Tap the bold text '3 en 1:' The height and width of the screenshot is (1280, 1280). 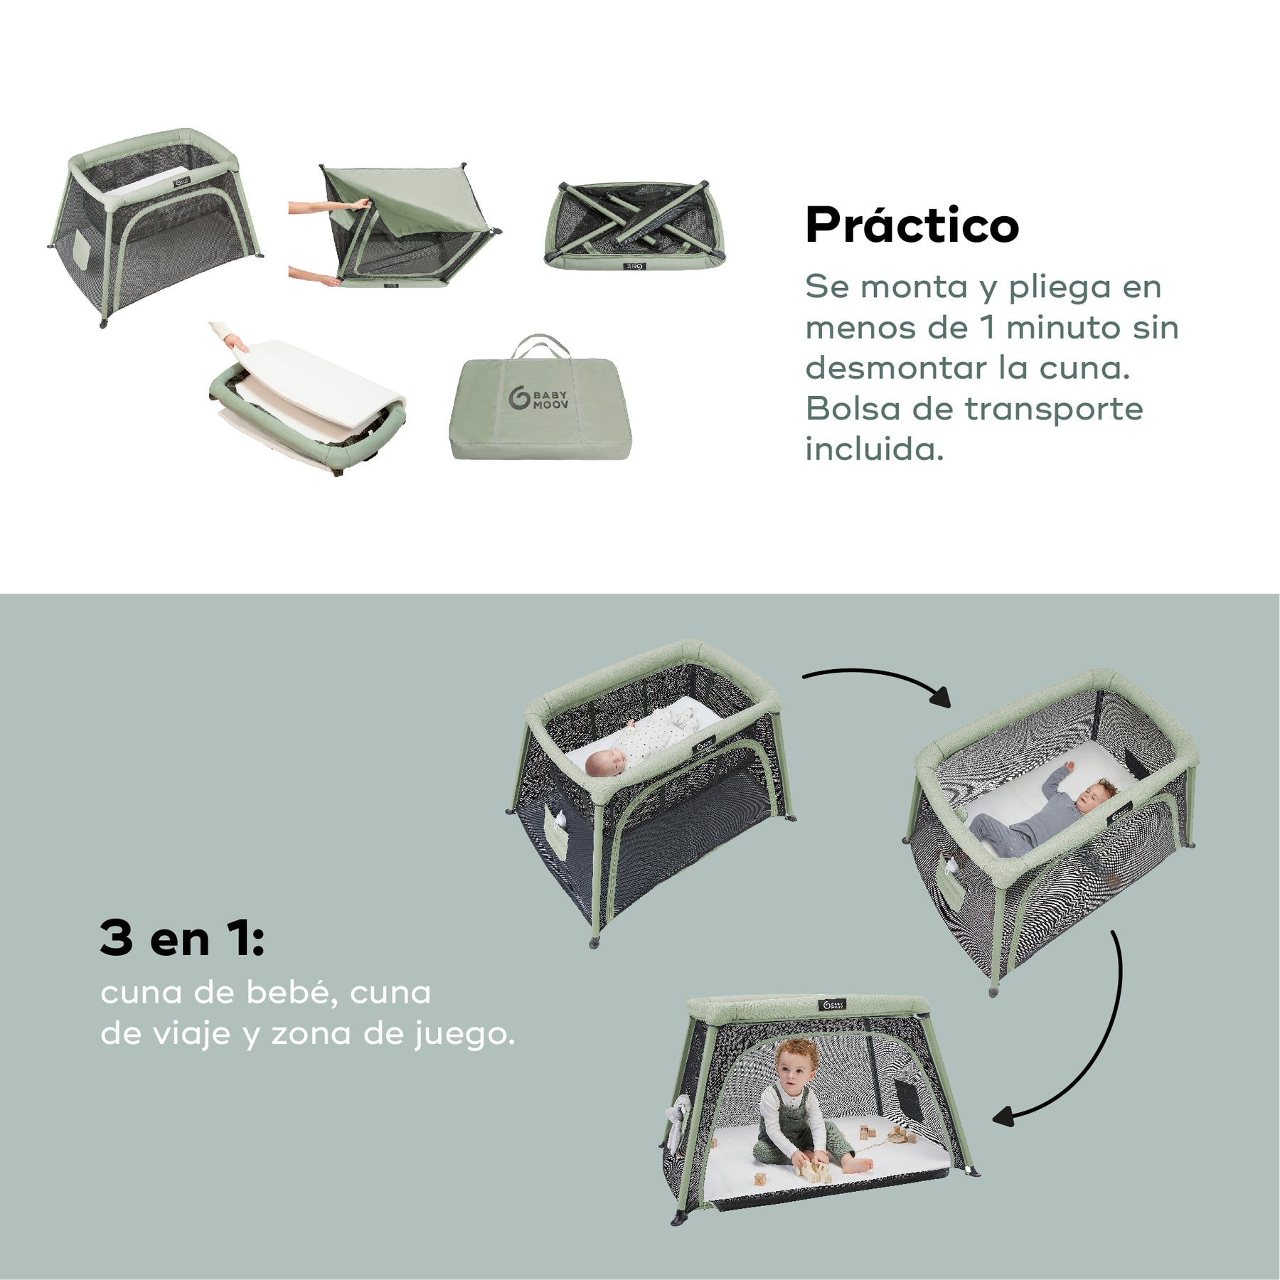pos(182,938)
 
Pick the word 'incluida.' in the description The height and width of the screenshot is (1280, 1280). pos(874,449)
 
